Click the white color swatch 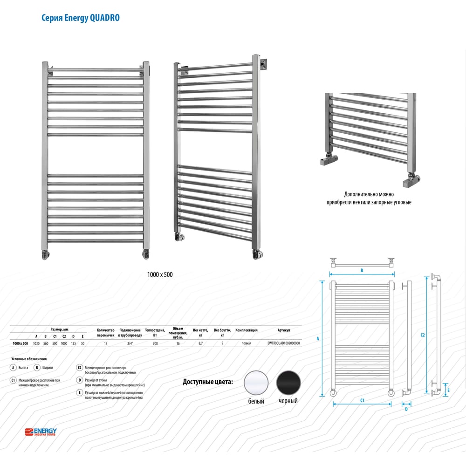[256, 383]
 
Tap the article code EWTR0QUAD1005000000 [283, 343]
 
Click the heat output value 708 [155, 343]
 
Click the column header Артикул [283, 330]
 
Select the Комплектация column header [247, 330]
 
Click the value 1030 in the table [36, 343]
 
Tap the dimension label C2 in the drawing [422, 335]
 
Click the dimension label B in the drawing [362, 270]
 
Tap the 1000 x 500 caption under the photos [160, 274]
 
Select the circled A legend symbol [13, 368]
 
